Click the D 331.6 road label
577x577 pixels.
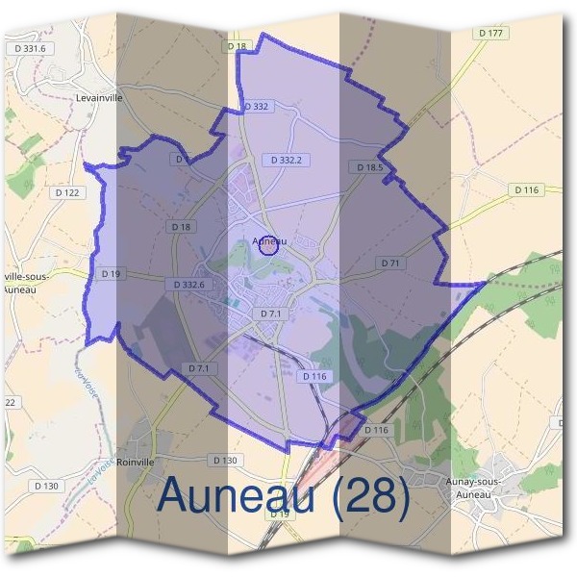tap(32, 47)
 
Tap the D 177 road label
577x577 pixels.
tap(491, 33)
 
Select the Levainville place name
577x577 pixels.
tap(101, 97)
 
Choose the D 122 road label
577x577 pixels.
tap(67, 192)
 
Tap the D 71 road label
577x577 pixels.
tap(389, 263)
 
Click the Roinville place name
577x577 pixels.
tap(136, 462)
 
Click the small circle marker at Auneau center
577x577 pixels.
tap(269, 245)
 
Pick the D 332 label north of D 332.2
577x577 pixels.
tap(256, 106)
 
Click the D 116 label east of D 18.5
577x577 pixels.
tap(526, 189)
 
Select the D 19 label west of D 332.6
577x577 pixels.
tap(111, 274)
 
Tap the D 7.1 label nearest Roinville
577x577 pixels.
tap(199, 368)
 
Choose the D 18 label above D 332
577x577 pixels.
tap(237, 46)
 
